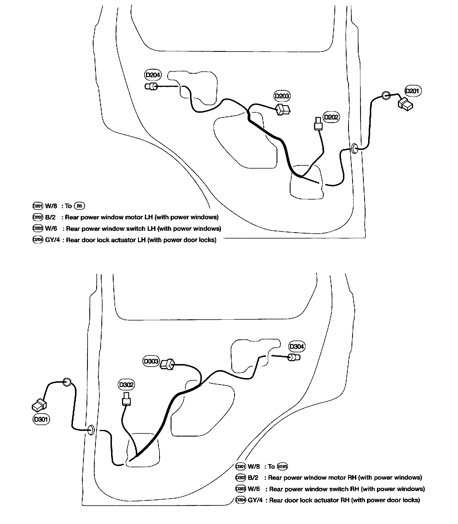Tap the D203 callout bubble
click(x=282, y=96)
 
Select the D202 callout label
click(x=331, y=117)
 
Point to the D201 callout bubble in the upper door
click(x=412, y=91)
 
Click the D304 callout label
click(x=297, y=347)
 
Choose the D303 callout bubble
click(x=151, y=361)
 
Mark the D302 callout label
click(x=126, y=384)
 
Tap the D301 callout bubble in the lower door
click(x=41, y=419)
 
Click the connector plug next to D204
click(x=151, y=86)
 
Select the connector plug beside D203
click(x=283, y=109)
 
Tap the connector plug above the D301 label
click(x=39, y=405)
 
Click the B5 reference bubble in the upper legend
click(x=79, y=206)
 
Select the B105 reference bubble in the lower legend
click(x=282, y=467)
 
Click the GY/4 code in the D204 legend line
click(x=53, y=240)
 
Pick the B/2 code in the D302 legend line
click(x=253, y=478)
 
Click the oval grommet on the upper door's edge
click(x=355, y=148)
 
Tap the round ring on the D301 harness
click(x=66, y=382)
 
